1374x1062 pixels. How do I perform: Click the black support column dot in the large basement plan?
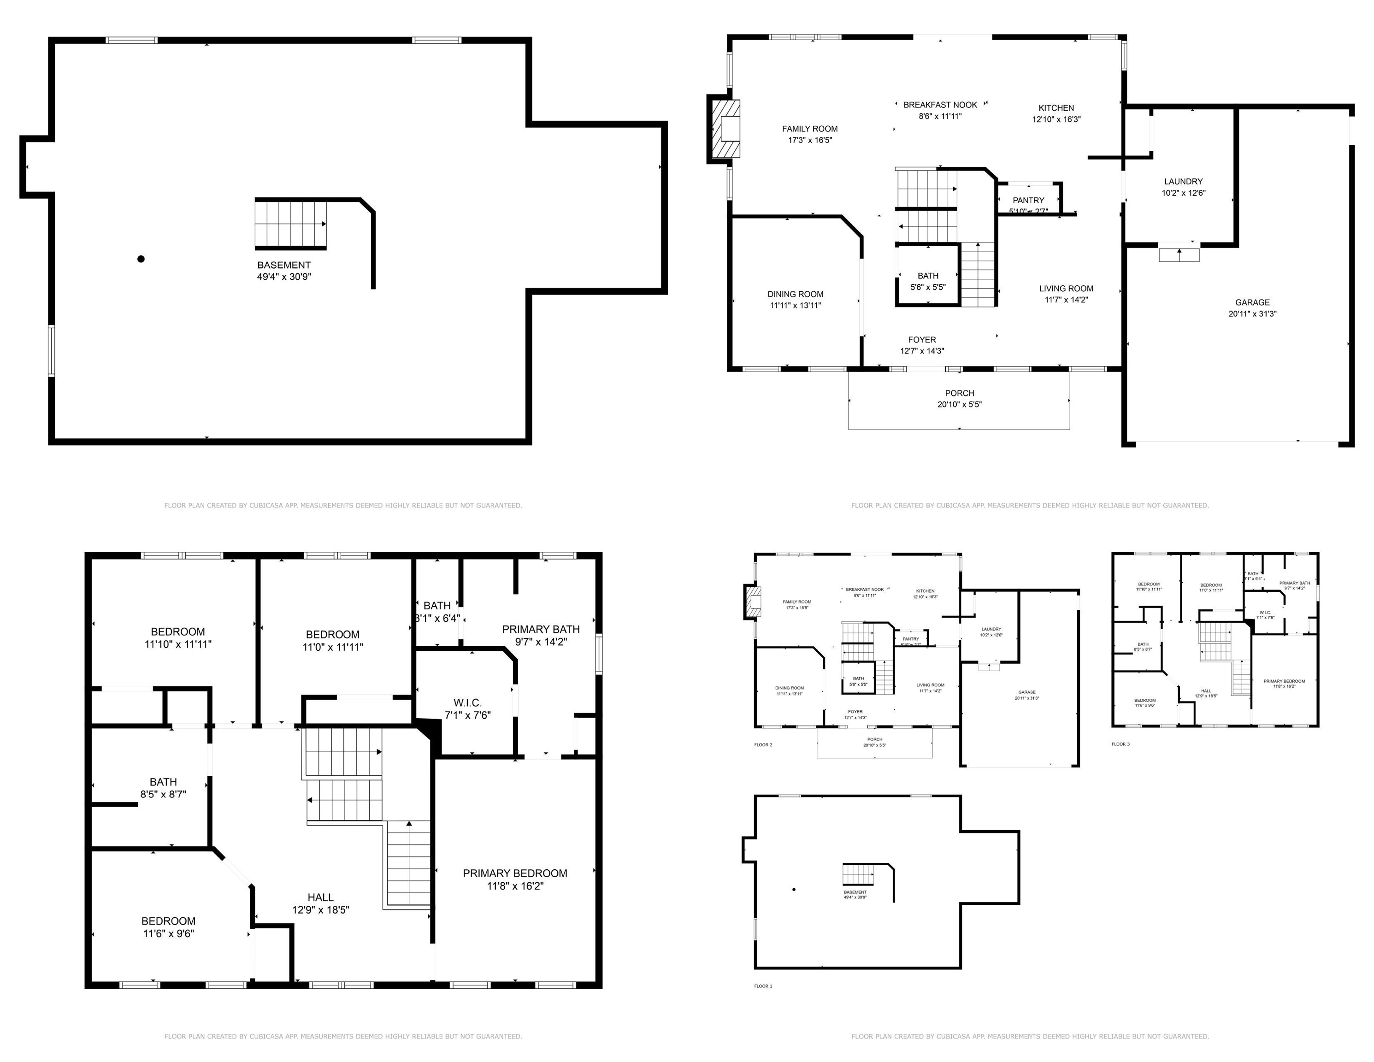pos(141,259)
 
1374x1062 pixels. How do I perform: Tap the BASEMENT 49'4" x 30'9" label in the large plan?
pos(284,271)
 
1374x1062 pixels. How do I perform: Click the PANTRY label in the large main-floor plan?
pos(1028,201)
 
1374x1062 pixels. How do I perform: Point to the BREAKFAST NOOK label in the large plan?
pos(940,105)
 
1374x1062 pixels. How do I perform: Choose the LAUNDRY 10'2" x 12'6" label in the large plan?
pos(1183,187)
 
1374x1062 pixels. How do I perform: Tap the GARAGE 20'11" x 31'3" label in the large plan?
pos(1252,307)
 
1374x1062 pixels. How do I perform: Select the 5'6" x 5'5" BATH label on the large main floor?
pos(927,281)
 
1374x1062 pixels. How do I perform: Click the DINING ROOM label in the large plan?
pos(795,300)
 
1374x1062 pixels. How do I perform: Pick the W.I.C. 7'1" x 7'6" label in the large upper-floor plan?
pos(467,708)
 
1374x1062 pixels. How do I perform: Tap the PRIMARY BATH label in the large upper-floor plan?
pos(540,635)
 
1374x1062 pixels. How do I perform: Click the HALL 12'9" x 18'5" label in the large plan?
pos(320,903)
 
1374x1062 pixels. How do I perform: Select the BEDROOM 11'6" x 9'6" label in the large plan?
pos(168,927)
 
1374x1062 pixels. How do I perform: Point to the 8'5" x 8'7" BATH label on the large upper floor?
pos(163,788)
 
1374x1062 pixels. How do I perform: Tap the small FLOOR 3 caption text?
pos(1120,744)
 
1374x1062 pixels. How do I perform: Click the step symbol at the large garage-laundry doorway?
pos(1179,254)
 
